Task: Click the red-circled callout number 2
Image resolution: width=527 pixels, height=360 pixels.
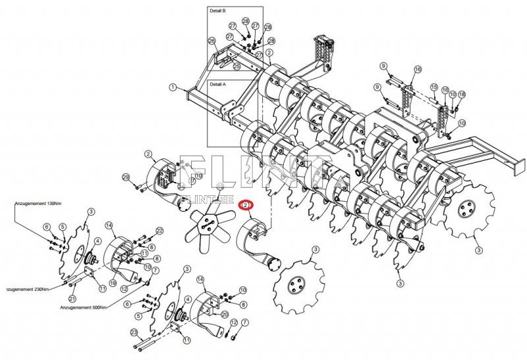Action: pos(245,206)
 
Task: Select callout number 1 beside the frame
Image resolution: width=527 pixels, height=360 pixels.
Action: pos(172,86)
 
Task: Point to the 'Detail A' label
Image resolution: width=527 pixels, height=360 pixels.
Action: pos(218,84)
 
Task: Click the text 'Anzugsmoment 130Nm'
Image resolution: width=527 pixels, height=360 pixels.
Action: pos(37,203)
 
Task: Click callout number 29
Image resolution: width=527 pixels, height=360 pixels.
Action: pos(125,177)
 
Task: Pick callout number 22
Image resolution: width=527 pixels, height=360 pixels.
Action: pos(159,230)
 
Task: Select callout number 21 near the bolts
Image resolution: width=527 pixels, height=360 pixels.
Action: pos(71,299)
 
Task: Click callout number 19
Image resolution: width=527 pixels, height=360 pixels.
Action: pos(113,283)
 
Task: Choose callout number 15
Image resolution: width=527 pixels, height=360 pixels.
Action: pos(434,87)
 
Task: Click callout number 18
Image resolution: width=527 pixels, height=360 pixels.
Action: pos(462,95)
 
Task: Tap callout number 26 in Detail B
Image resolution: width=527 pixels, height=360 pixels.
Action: pos(211,41)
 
